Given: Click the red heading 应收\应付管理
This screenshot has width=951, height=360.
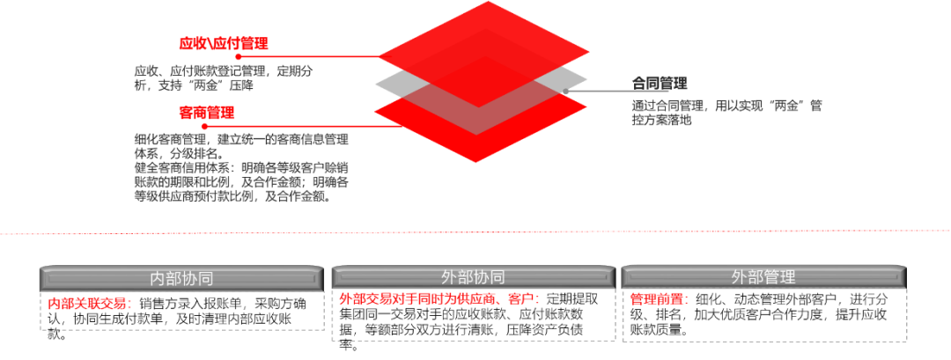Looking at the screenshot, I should [x=223, y=44].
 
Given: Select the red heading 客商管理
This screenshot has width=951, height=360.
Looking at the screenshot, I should [x=207, y=113].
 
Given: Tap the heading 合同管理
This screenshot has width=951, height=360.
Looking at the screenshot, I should [x=660, y=83].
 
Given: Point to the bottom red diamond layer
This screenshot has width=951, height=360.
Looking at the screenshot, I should [x=480, y=141].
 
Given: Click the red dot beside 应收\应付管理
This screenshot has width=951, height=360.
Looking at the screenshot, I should [x=238, y=56].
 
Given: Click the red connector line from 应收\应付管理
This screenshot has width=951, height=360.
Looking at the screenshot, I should [x=308, y=56].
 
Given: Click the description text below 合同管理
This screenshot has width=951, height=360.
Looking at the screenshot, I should [x=727, y=113].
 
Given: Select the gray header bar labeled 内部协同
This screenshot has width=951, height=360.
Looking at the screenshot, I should [x=181, y=278].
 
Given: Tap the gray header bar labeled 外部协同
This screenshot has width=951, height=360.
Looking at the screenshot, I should [x=473, y=277].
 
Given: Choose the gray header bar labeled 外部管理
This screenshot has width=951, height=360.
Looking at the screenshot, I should [x=763, y=277].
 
